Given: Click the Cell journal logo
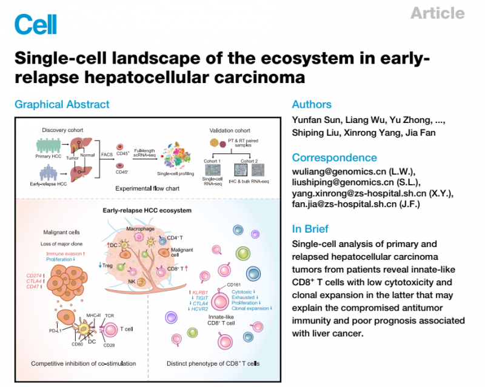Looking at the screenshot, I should (x=35, y=25).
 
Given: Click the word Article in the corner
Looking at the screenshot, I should (x=438, y=13).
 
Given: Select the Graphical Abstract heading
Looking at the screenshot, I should (x=62, y=105).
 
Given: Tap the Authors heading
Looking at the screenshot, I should (x=312, y=105).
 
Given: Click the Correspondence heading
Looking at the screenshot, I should (x=335, y=157).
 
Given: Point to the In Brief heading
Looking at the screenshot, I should (x=310, y=229).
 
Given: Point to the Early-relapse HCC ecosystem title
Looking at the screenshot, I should (x=148, y=210).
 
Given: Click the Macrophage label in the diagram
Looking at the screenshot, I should (x=141, y=229).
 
